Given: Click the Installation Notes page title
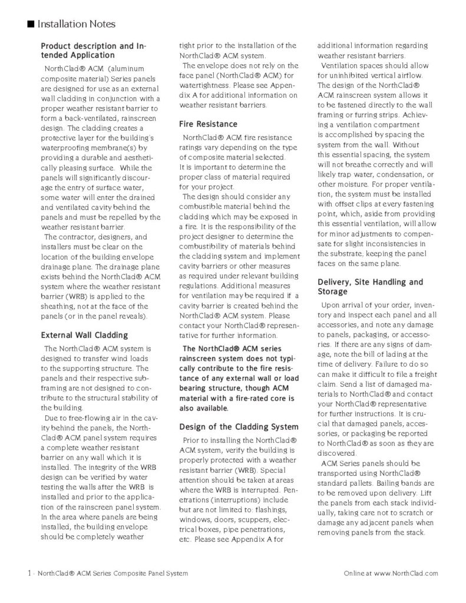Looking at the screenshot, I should click(76, 24).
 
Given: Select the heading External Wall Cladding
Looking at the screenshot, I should click(84, 335).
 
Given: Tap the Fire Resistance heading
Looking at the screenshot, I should click(208, 124).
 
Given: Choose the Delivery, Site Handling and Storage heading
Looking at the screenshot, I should click(370, 287).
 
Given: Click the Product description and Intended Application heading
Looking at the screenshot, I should click(94, 51).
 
